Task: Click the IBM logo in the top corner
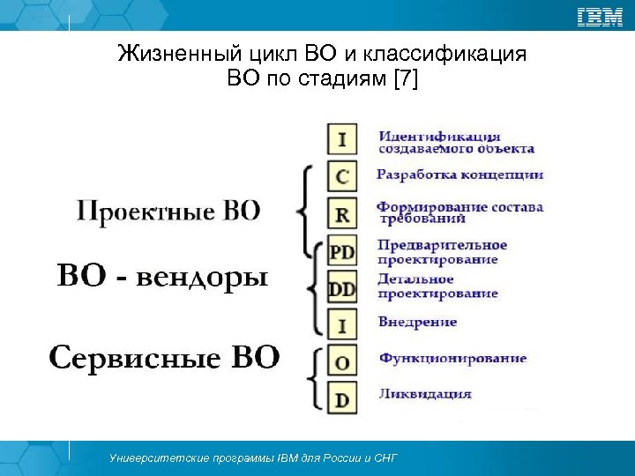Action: pyautogui.click(x=600, y=17)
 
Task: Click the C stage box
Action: pyautogui.click(x=342, y=176)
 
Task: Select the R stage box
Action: pyautogui.click(x=342, y=214)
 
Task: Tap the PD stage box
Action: pyautogui.click(x=342, y=252)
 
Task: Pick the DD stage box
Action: pyautogui.click(x=342, y=288)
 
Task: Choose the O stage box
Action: pyautogui.click(x=342, y=361)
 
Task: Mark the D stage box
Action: pyautogui.click(x=342, y=398)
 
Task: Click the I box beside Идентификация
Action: pyautogui.click(x=342, y=139)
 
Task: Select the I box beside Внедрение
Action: pyautogui.click(x=342, y=325)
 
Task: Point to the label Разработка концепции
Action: pyautogui.click(x=459, y=175)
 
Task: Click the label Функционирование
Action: pyautogui.click(x=452, y=358)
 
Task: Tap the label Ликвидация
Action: pyautogui.click(x=425, y=394)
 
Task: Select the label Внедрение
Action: pyautogui.click(x=417, y=322)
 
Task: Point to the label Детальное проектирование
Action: pyautogui.click(x=437, y=286)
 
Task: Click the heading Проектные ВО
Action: pyautogui.click(x=168, y=212)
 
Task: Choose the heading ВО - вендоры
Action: pyautogui.click(x=162, y=277)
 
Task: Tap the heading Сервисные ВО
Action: pyautogui.click(x=164, y=358)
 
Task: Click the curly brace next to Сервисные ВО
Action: pyautogui.click(x=313, y=377)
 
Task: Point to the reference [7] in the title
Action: pyautogui.click(x=405, y=80)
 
